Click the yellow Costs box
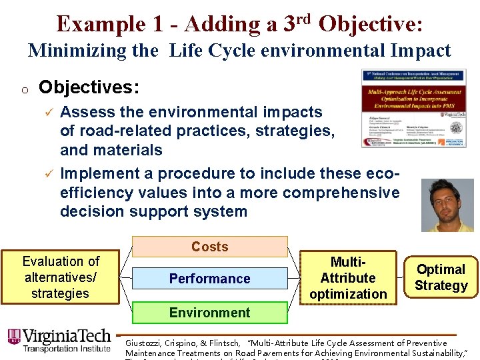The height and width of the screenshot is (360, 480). pos(209,247)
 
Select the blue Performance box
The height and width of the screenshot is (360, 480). pos(209,279)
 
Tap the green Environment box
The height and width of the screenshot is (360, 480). pos(209,313)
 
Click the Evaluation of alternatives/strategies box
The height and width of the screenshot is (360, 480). pos(60,277)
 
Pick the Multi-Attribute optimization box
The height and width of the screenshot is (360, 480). pos(348,278)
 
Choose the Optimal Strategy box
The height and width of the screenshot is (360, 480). pos(441,277)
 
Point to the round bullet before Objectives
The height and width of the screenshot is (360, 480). pos(23,89)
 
